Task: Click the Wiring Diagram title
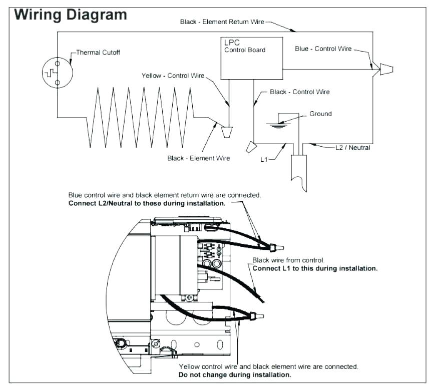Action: pos(71,14)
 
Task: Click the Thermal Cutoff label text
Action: pos(98,52)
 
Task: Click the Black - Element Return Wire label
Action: pos(222,22)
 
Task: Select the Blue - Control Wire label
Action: pos(323,49)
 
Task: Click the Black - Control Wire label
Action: pos(300,92)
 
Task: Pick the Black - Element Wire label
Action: pos(199,158)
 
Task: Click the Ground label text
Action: pos(320,114)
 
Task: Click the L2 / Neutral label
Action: pos(353,148)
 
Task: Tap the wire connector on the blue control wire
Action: pos(386,69)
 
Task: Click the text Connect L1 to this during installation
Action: pos(315,268)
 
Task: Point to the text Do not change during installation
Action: pos(235,374)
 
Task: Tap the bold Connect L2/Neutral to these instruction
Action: pos(147,204)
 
